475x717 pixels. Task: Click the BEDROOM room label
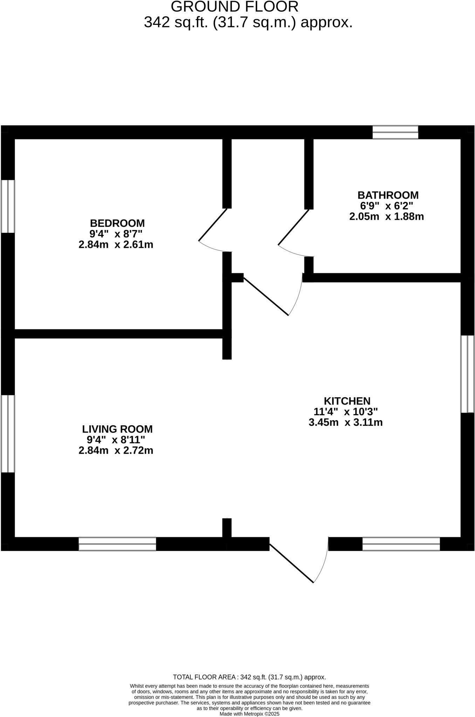pyautogui.click(x=117, y=223)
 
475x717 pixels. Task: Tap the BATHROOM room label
pyautogui.click(x=388, y=195)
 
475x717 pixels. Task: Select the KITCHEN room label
pyautogui.click(x=347, y=401)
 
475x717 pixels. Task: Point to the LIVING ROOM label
pyautogui.click(x=117, y=429)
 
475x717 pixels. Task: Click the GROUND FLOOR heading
pyautogui.click(x=234, y=7)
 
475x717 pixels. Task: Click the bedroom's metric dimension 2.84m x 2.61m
pyautogui.click(x=116, y=244)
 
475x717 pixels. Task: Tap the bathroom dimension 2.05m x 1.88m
pyautogui.click(x=386, y=216)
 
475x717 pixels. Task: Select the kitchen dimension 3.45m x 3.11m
pyautogui.click(x=345, y=422)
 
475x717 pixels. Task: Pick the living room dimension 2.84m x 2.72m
pyautogui.click(x=116, y=450)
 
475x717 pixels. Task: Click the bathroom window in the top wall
pyautogui.click(x=395, y=132)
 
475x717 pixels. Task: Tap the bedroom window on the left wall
pyautogui.click(x=8, y=206)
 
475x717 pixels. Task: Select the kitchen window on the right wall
pyautogui.click(x=467, y=374)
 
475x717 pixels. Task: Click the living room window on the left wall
pyautogui.click(x=8, y=434)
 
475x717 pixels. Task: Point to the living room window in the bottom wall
pyautogui.click(x=117, y=544)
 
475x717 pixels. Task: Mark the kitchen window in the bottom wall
pyautogui.click(x=401, y=544)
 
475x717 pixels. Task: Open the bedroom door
pyautogui.click(x=213, y=225)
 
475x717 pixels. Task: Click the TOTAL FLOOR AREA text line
pyautogui.click(x=249, y=677)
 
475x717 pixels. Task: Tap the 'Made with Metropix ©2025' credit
pyautogui.click(x=249, y=713)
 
